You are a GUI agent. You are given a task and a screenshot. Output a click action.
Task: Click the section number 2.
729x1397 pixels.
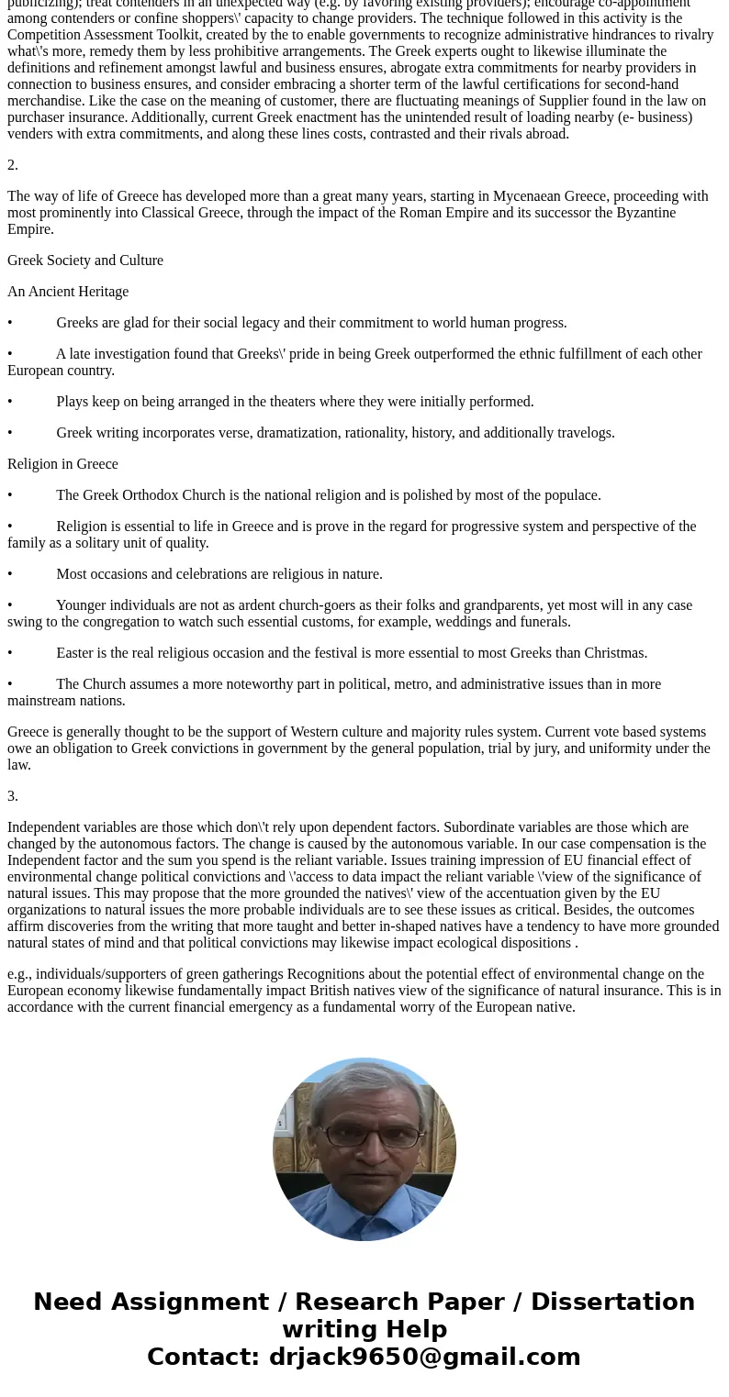13,165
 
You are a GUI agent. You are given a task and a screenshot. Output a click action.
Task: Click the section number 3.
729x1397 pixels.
13,796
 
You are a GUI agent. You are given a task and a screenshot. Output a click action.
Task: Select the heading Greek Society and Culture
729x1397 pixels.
85,261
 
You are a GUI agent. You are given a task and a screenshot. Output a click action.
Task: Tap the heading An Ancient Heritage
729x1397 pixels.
68,292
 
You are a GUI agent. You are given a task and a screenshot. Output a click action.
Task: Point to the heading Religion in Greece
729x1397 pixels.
62,464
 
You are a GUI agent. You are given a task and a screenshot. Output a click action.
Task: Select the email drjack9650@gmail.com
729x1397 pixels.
424,1357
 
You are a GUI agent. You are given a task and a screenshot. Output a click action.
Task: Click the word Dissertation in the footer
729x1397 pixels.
613,1302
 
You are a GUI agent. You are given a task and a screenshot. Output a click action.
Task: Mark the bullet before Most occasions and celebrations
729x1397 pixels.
10,574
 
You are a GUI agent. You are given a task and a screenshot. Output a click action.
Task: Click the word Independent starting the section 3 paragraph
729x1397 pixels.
45,827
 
